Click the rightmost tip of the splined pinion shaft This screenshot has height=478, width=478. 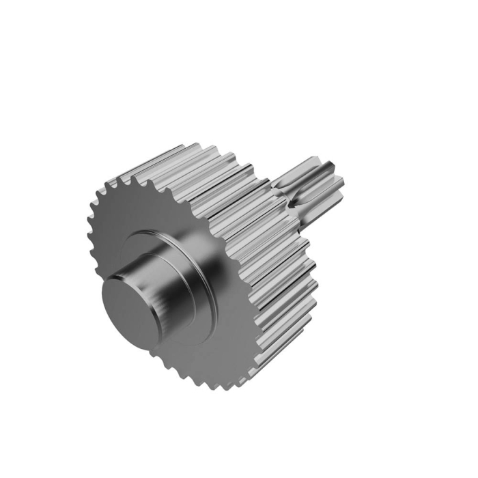coord(343,183)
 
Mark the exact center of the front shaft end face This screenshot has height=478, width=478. coord(130,307)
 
